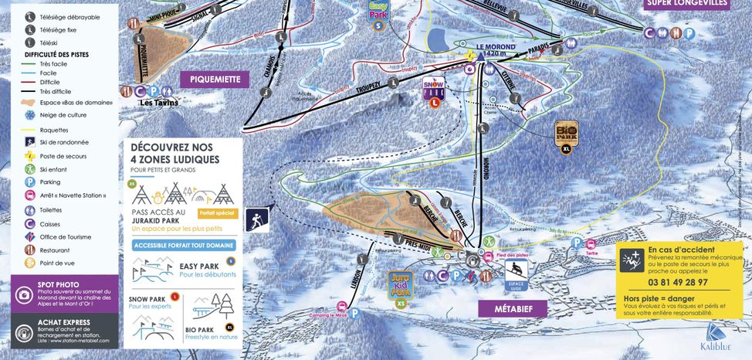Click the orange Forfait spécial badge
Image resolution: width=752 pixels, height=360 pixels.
point(216,212)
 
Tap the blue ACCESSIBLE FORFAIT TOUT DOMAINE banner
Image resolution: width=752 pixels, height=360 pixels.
point(184,246)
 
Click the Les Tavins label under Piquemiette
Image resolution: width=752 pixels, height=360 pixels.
point(158,102)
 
